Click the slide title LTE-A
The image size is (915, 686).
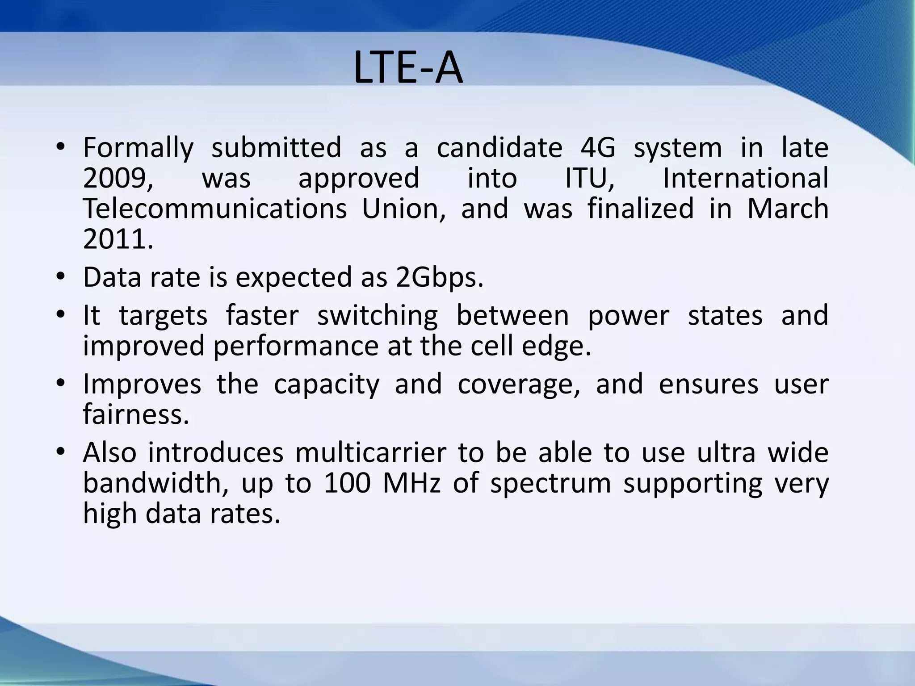[408, 68]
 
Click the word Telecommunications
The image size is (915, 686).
[215, 209]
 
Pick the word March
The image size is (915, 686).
[788, 209]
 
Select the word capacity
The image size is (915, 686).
[327, 384]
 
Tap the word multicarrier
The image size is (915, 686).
[371, 452]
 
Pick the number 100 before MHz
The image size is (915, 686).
[348, 483]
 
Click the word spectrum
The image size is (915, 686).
[550, 483]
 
